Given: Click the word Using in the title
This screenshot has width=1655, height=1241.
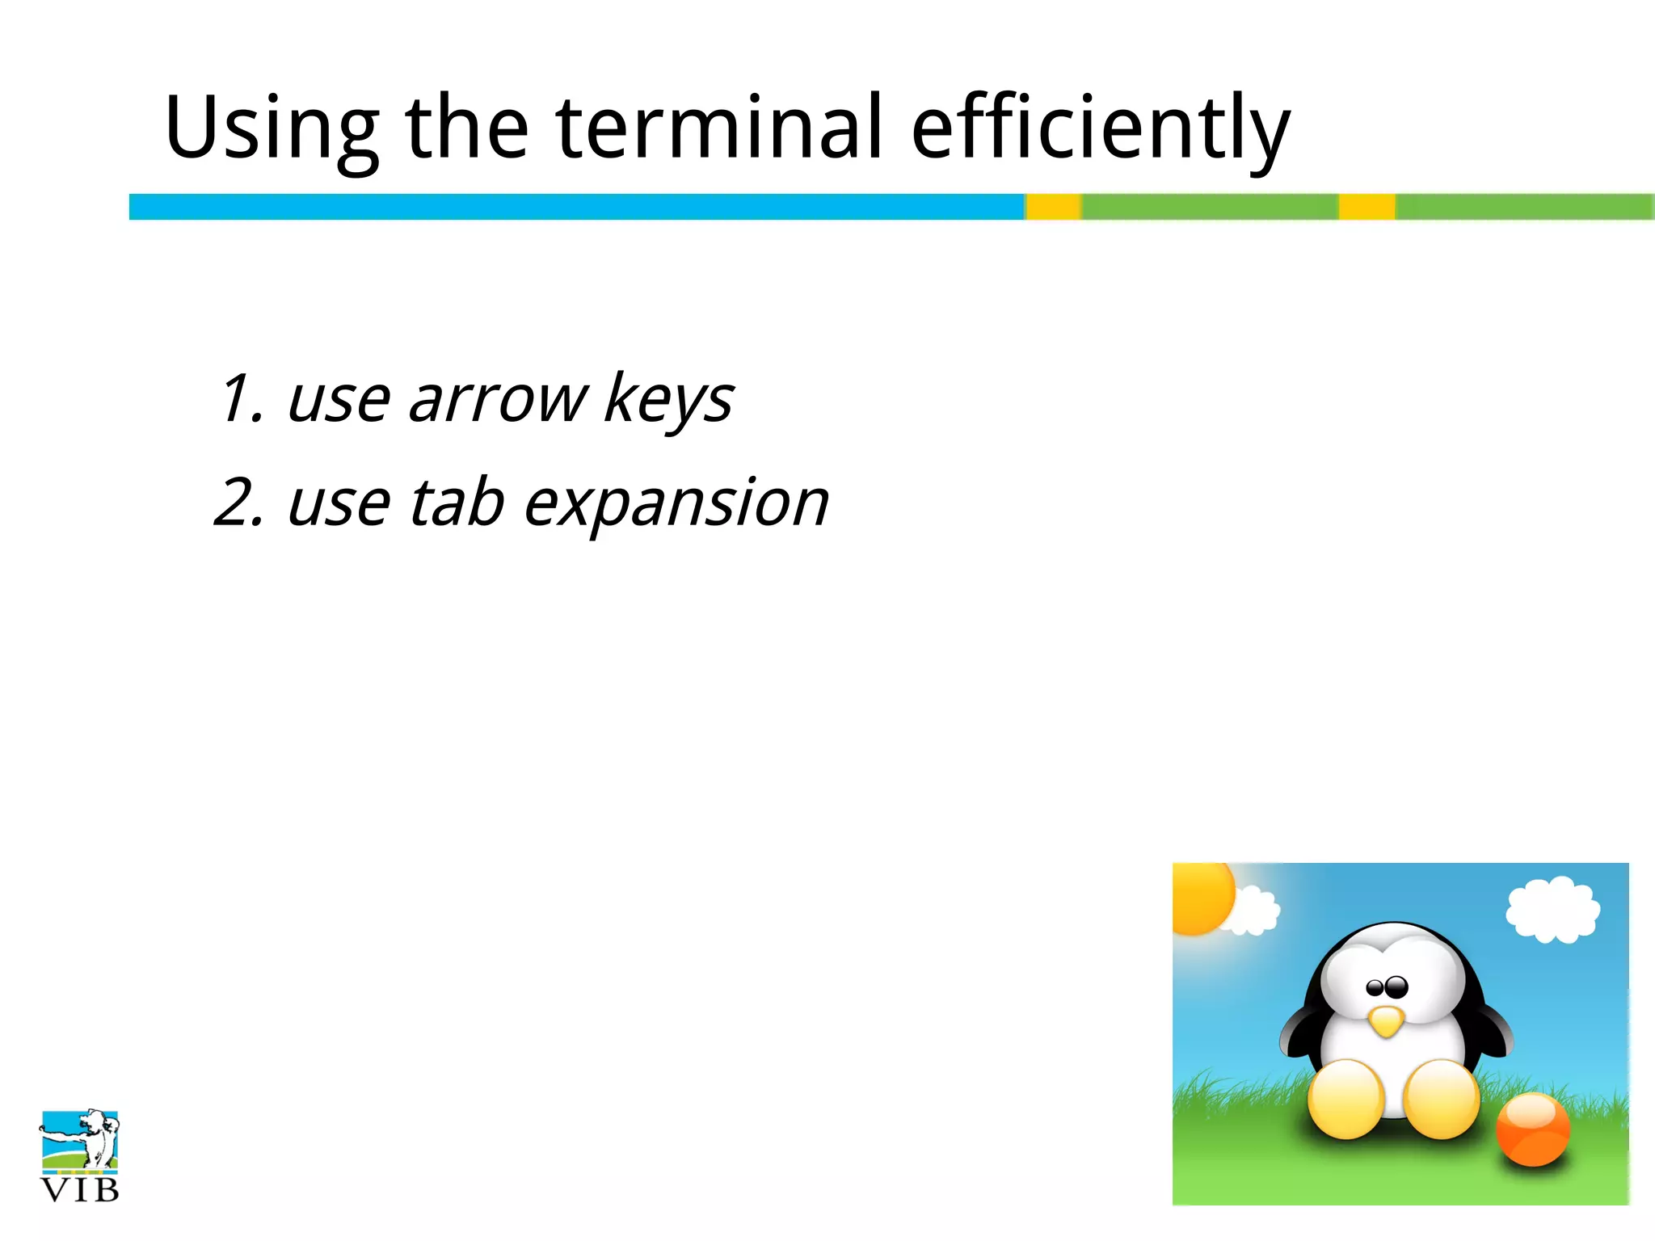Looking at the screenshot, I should (x=272, y=128).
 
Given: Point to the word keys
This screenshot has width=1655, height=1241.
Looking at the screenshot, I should (x=668, y=399).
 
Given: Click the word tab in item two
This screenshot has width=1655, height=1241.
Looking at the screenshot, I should (x=457, y=502).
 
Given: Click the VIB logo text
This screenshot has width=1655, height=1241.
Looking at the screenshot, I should (x=79, y=1189).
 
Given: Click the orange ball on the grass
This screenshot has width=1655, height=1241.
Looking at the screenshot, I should (x=1532, y=1129).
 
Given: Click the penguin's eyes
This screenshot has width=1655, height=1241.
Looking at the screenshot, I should (x=1387, y=986).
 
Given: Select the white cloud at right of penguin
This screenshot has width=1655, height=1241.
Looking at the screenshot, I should (x=1552, y=910).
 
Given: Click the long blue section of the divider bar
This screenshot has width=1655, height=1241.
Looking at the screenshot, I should (x=575, y=207).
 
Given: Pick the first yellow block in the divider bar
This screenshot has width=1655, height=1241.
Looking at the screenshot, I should (x=1053, y=207).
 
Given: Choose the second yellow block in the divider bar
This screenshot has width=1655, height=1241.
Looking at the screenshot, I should (x=1367, y=207).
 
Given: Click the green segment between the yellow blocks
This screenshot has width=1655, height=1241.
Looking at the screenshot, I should (x=1210, y=207).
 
